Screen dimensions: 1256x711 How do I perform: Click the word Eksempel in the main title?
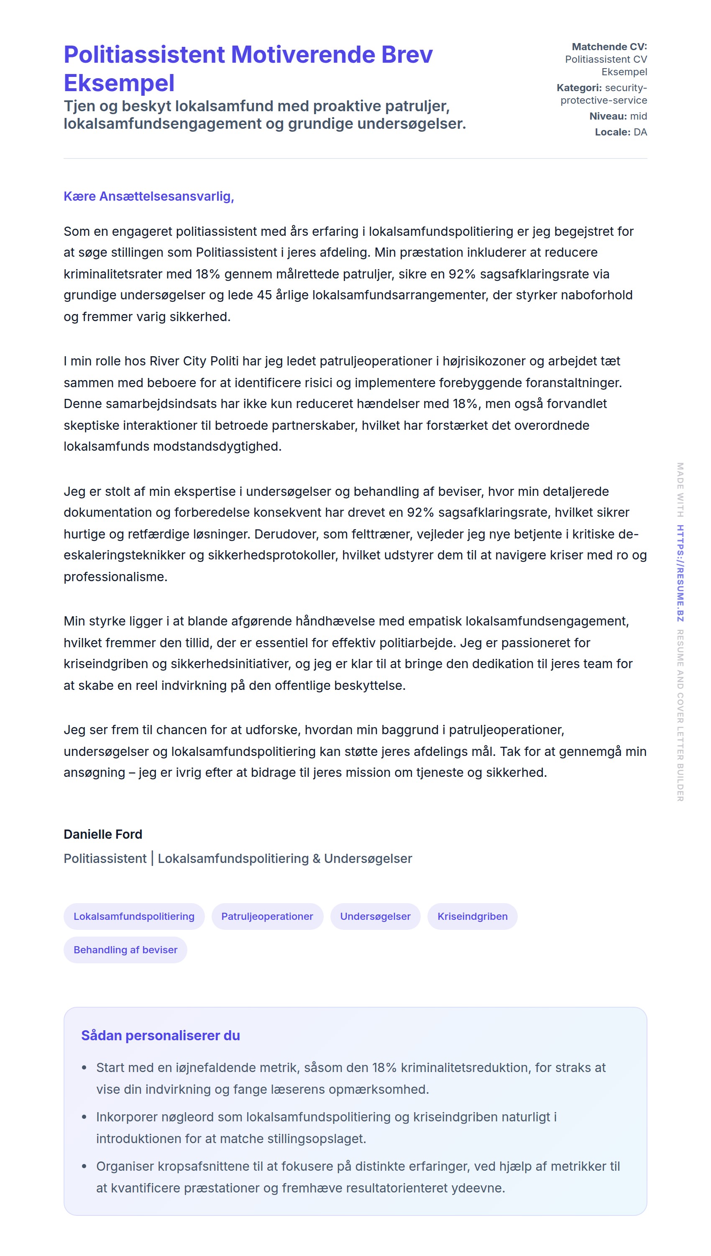pos(119,83)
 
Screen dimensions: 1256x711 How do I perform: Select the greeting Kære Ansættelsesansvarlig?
pos(148,196)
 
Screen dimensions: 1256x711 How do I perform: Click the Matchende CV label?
pos(609,47)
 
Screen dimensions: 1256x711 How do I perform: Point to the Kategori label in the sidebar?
pos(579,88)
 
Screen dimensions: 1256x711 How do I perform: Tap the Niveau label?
pos(607,116)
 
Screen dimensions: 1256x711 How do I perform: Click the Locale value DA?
pos(640,132)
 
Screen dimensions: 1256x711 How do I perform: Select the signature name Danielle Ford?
pos(102,834)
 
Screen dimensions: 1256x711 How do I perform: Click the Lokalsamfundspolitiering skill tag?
pos(134,916)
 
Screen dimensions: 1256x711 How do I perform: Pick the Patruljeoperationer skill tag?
pos(267,916)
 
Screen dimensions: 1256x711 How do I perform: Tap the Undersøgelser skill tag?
pos(375,916)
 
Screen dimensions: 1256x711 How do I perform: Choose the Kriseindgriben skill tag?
pos(472,916)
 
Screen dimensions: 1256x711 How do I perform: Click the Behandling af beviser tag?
pos(125,950)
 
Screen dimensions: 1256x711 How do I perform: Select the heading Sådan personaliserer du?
pos(160,1035)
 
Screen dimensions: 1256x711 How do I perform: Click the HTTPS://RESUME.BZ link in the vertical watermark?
pos(680,573)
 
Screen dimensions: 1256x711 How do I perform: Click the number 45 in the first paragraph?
pos(264,295)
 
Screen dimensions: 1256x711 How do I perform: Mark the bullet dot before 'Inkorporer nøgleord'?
pos(84,1117)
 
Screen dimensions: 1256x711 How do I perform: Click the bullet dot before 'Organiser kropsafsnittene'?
pos(84,1166)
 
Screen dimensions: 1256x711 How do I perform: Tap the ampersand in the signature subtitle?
pos(317,859)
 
